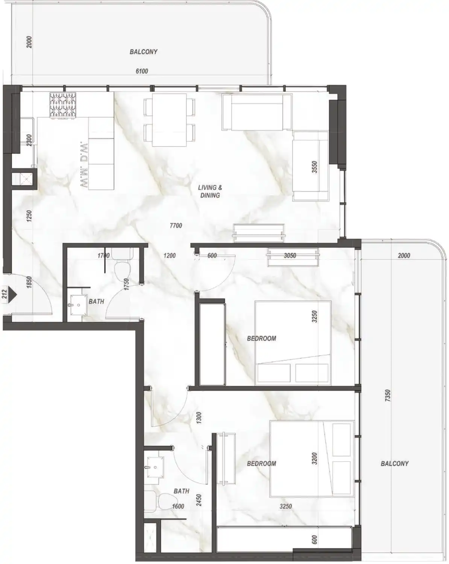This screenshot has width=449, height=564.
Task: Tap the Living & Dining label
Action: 210,191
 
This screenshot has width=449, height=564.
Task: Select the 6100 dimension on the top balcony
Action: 142,71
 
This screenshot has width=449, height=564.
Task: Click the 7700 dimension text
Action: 176,226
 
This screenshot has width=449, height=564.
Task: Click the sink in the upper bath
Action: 77,306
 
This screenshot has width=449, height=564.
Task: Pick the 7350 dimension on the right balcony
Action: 388,396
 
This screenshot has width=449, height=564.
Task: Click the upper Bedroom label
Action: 261,338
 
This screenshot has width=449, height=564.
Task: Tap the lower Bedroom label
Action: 261,464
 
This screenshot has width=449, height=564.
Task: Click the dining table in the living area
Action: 169,120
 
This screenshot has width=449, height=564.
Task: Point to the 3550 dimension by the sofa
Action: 315,167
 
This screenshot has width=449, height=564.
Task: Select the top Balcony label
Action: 143,52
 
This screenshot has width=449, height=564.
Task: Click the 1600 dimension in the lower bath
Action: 178,506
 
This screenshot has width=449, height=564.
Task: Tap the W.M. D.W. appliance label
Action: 84,165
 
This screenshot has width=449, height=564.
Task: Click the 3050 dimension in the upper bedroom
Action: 290,256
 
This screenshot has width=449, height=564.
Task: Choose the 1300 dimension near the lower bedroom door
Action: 199,418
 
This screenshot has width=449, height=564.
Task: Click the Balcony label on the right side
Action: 394,464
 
